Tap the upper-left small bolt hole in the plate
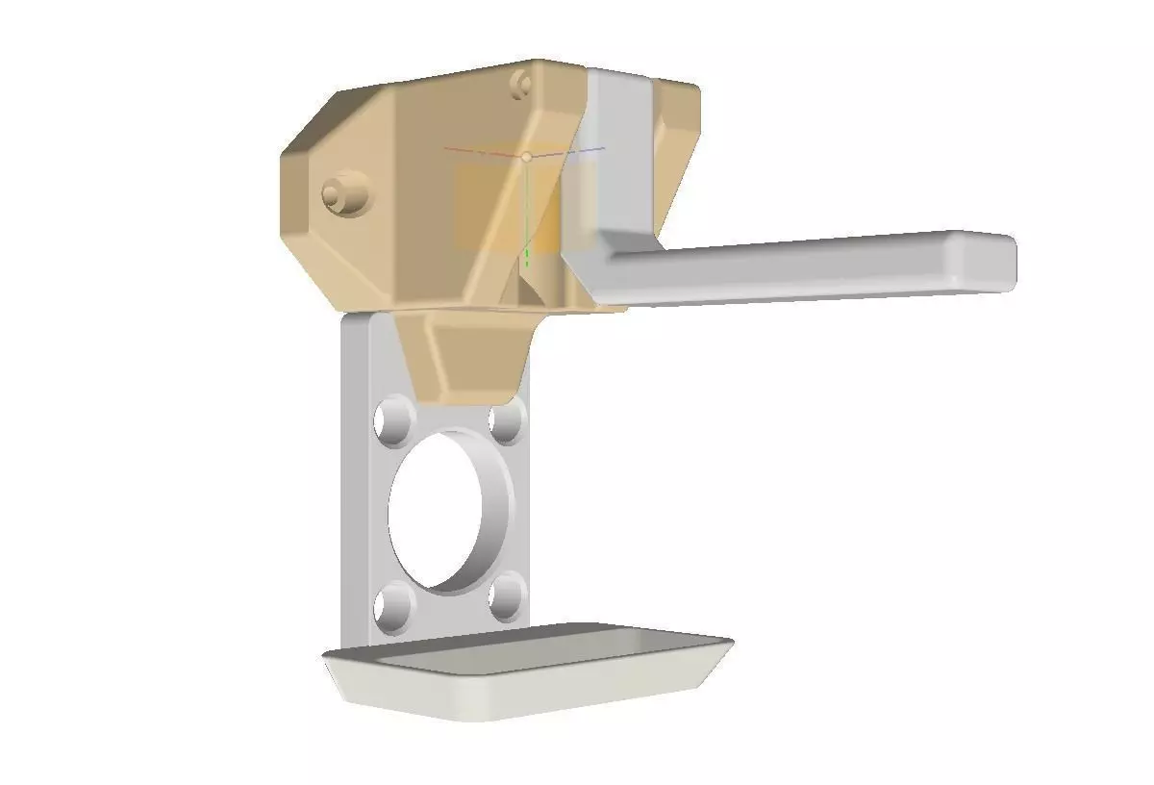point(394,421)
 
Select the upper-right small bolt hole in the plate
point(506,421)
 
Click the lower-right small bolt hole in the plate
point(506,597)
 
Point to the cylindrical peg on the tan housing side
point(344,195)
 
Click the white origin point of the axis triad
point(526,156)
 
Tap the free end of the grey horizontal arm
point(991,260)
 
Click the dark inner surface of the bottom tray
point(539,646)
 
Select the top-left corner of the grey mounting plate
point(348,320)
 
